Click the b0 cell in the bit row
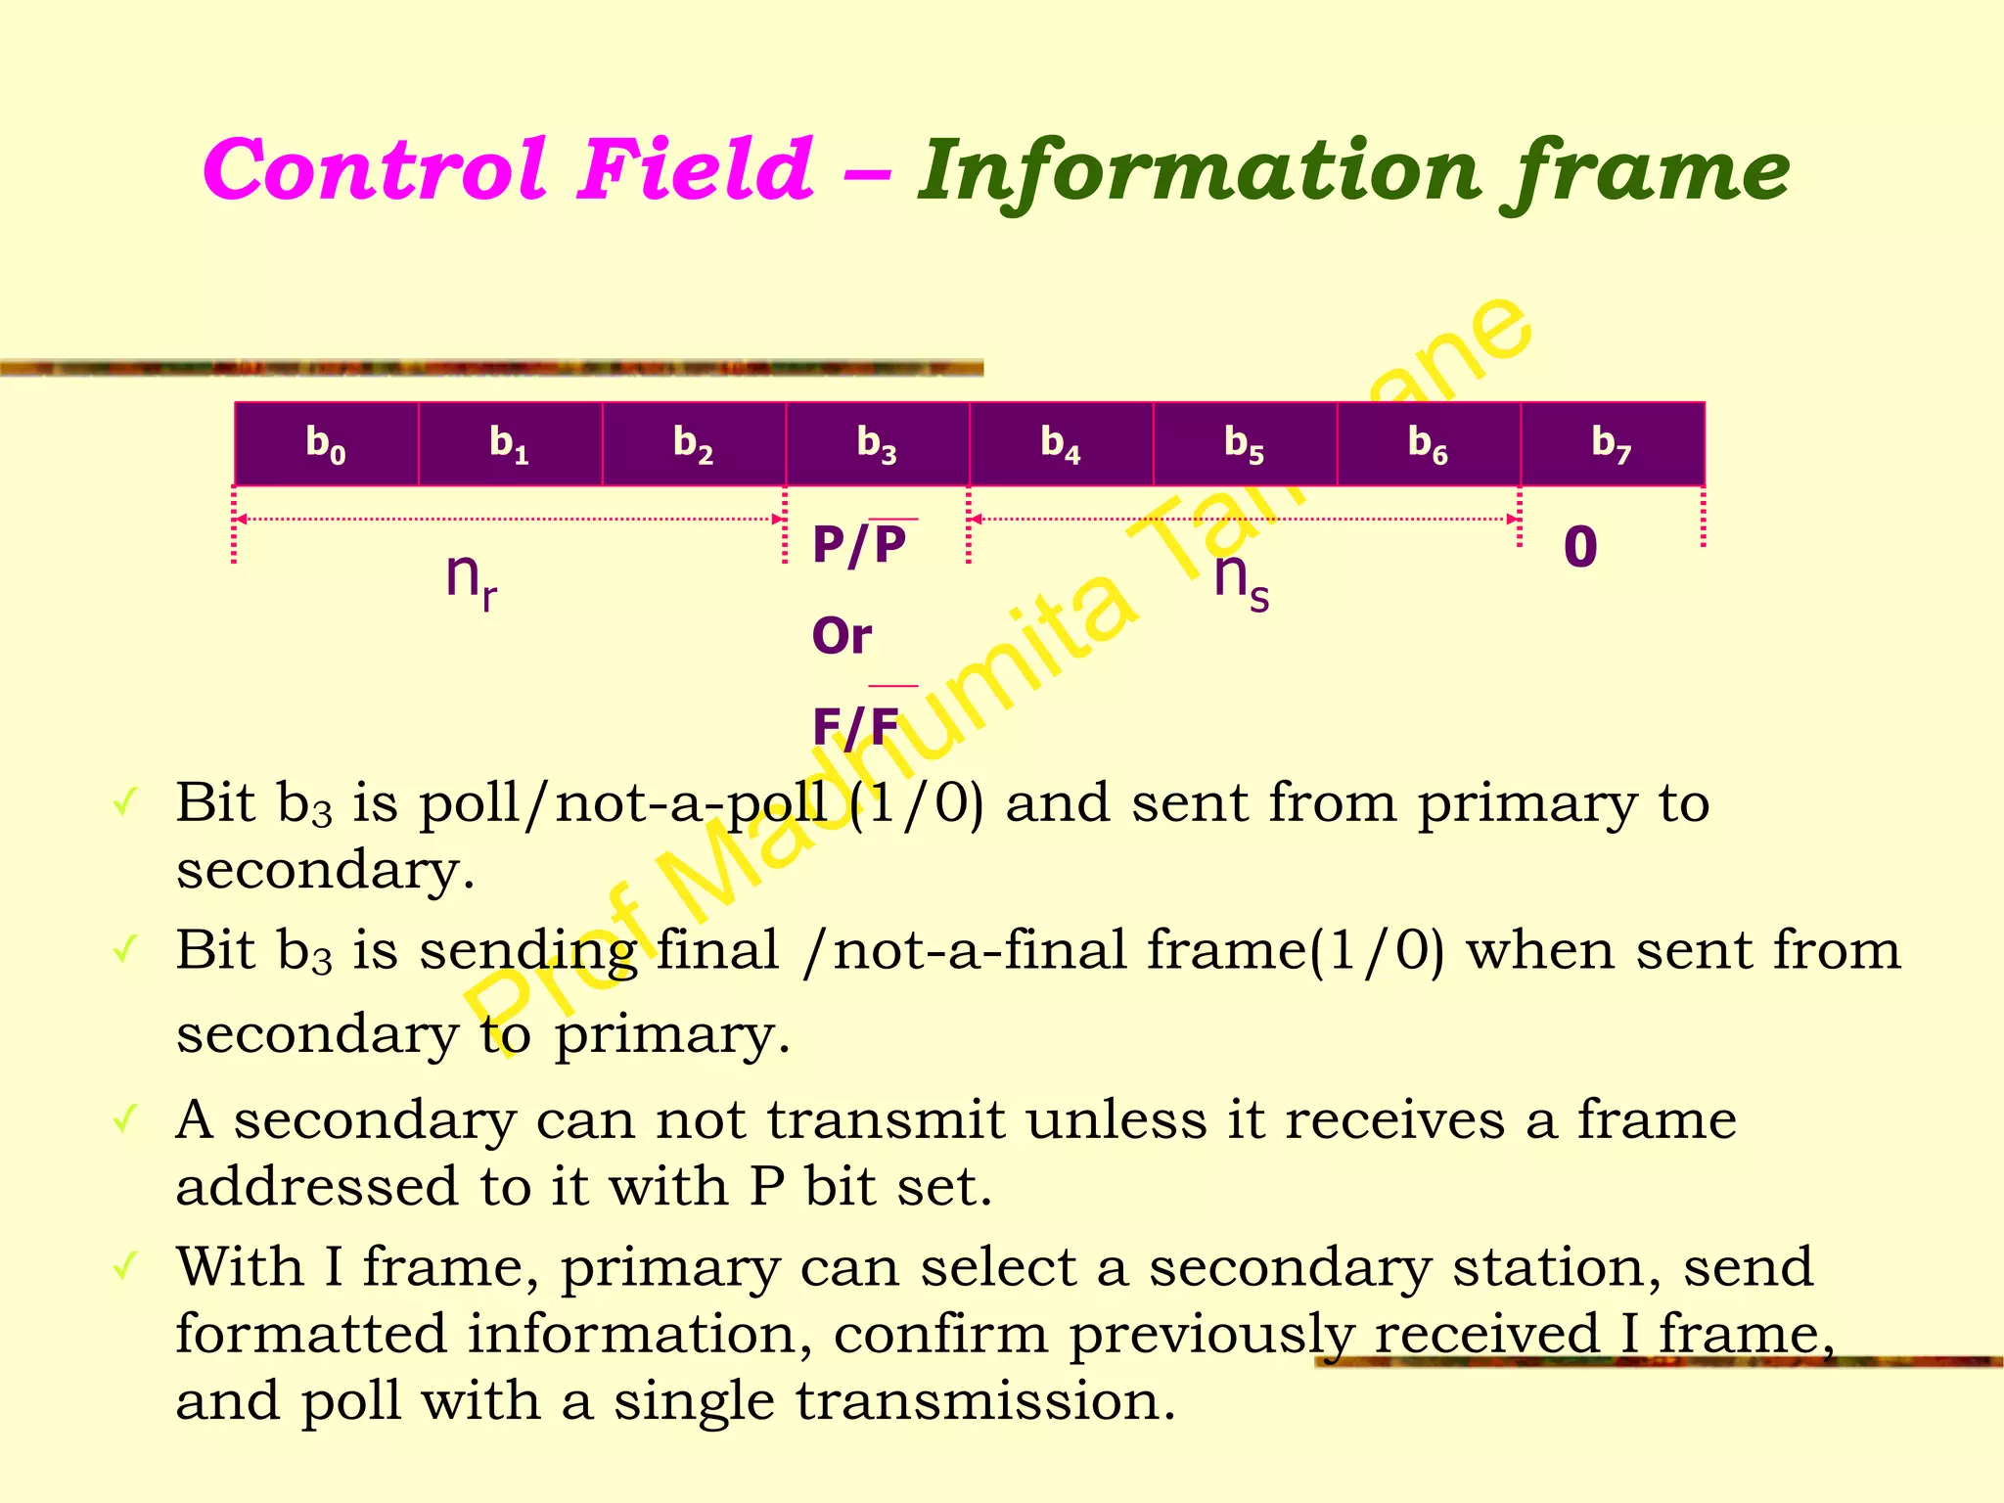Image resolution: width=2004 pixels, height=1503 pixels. (326, 443)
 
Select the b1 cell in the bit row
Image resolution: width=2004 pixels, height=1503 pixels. (510, 443)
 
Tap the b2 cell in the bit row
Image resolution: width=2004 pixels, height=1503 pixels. (694, 443)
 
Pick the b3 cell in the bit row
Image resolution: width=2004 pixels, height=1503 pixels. (878, 443)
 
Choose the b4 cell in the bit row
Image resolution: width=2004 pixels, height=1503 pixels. (1062, 443)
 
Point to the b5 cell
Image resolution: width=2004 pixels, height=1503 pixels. (1245, 443)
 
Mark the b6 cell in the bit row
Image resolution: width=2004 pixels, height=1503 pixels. (1429, 443)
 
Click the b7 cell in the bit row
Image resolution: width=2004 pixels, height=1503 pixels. (1613, 443)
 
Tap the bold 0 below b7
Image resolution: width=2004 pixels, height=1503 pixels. (1580, 546)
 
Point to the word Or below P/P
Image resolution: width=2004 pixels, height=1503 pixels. (842, 636)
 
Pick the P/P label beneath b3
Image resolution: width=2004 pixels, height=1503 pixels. (860, 544)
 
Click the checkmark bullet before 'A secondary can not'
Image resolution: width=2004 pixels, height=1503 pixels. (124, 1117)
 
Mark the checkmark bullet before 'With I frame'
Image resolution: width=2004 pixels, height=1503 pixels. (124, 1266)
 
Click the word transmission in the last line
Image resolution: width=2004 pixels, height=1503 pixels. (983, 1400)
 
